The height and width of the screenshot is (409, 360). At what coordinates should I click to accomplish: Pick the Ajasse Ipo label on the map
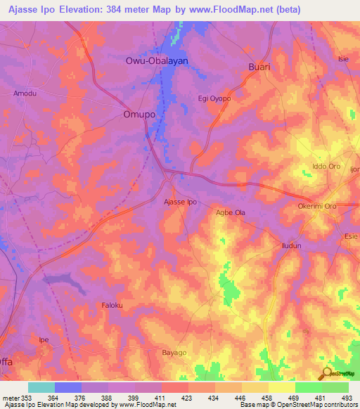click(180, 202)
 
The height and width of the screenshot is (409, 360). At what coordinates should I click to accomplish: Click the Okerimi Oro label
click(317, 207)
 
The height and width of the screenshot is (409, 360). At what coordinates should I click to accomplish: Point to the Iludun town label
click(290, 246)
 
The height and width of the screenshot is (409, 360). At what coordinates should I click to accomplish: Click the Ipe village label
click(44, 339)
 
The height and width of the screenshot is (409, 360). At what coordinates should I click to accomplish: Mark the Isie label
click(343, 58)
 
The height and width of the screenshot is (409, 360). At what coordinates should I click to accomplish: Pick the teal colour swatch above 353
click(41, 387)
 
